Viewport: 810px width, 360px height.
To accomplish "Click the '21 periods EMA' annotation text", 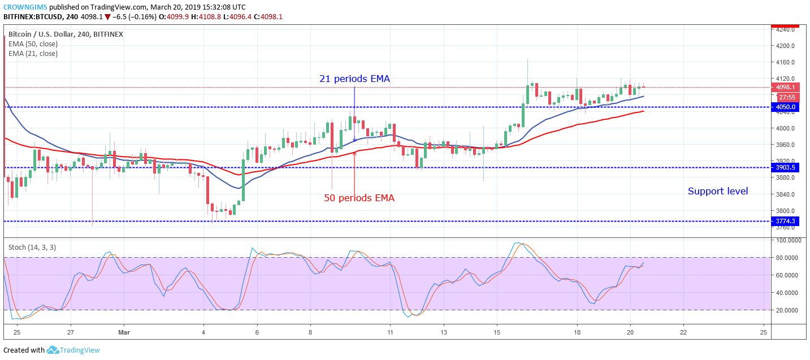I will tap(354, 79).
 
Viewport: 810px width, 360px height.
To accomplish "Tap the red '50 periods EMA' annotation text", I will tap(359, 198).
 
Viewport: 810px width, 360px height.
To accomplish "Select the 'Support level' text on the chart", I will tap(717, 192).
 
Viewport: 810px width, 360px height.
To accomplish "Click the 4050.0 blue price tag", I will tap(786, 107).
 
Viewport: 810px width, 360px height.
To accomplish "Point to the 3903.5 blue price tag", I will tap(786, 168).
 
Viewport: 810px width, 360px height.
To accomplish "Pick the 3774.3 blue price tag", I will tap(786, 222).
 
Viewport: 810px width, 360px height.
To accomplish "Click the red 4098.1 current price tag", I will tap(786, 88).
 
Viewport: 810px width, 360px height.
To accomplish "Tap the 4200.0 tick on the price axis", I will tap(785, 46).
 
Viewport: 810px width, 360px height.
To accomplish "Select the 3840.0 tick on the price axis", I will tap(785, 194).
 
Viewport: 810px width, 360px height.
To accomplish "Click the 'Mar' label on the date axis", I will tap(123, 332).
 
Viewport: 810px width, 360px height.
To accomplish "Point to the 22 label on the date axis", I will tap(683, 332).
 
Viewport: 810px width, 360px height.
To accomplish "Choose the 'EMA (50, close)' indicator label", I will tap(33, 44).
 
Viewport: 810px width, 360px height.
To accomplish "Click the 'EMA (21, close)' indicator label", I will tap(33, 54).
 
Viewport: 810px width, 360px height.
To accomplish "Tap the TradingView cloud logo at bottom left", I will tap(53, 350).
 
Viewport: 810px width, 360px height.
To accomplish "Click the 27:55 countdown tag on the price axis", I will tap(787, 97).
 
